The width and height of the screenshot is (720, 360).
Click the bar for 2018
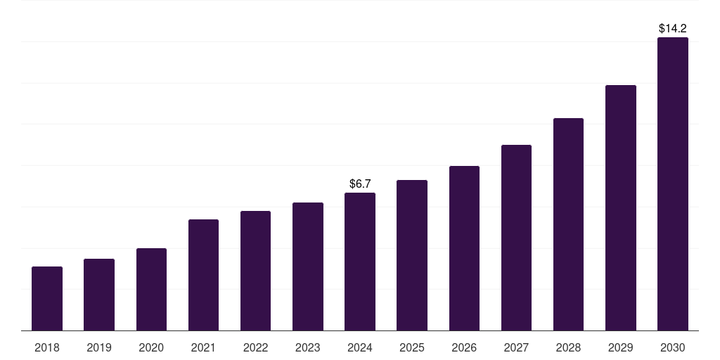47,299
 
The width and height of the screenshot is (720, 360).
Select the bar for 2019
99,295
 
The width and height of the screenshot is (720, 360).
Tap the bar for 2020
151,290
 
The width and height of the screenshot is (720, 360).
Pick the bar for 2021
203,275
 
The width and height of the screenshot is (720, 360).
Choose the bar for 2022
255,271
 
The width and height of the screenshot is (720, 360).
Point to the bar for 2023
308,266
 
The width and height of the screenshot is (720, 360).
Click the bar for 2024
360,262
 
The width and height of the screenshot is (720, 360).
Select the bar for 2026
464,248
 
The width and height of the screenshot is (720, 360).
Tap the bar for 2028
568,224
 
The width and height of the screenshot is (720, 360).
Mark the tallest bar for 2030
673,184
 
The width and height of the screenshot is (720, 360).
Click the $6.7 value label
360,184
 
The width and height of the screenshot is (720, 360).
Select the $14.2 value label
673,29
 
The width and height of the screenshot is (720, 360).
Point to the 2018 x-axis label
47,347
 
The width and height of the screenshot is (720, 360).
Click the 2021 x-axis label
203,347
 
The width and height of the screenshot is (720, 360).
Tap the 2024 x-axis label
360,347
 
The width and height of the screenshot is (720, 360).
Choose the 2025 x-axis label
412,347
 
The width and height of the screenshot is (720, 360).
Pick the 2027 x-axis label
516,347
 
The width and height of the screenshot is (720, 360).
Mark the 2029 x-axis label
620,347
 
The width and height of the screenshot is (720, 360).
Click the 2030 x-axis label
673,347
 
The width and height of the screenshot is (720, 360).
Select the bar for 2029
620,208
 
